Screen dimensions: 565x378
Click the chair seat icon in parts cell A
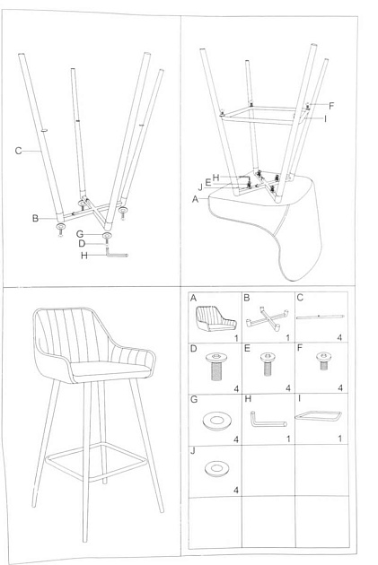pos(212,317)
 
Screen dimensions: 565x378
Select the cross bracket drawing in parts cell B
pos(266,317)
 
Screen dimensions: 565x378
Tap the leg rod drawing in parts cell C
pos(320,317)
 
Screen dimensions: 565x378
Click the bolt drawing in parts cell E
pos(267,366)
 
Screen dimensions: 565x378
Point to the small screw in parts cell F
pos(321,364)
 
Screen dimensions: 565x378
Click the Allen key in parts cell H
pos(267,419)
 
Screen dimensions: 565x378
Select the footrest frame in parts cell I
pos(321,416)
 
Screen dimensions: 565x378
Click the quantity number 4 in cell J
pos(236,490)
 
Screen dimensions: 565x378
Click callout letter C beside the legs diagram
pos(18,151)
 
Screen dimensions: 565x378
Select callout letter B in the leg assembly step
pos(36,218)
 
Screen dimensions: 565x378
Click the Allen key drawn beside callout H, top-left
pos(117,255)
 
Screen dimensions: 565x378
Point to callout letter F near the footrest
pos(330,105)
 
